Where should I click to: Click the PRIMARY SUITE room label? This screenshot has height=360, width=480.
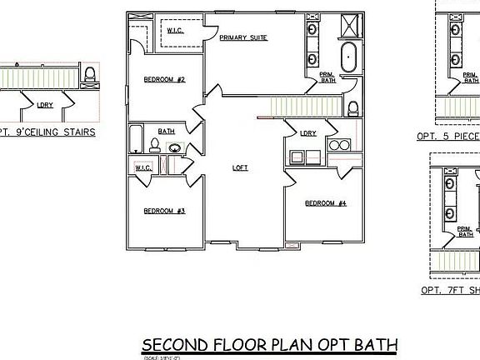click(x=242, y=38)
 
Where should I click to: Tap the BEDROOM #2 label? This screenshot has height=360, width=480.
click(x=164, y=80)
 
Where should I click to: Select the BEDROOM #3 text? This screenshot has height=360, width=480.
click(x=164, y=211)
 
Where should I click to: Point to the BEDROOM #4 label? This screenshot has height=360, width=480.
click(x=325, y=203)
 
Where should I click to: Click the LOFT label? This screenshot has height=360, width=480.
click(x=240, y=167)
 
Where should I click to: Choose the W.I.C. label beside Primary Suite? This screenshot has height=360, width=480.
click(x=175, y=31)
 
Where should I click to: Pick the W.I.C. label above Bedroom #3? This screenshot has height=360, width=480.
click(x=142, y=167)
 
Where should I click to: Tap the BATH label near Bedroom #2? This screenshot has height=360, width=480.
click(x=167, y=131)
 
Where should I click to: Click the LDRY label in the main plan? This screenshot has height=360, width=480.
click(x=307, y=133)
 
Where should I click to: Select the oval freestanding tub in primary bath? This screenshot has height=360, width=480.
click(x=349, y=59)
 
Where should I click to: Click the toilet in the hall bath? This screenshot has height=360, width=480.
click(x=154, y=146)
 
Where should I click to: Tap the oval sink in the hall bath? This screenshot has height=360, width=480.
click(x=176, y=148)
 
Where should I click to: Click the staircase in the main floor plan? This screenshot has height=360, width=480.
click(x=300, y=106)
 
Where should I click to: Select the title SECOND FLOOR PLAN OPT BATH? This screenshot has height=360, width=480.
click(x=269, y=344)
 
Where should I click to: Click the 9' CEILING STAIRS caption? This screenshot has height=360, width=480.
click(x=47, y=132)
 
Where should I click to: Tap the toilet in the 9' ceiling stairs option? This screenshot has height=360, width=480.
click(x=89, y=74)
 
